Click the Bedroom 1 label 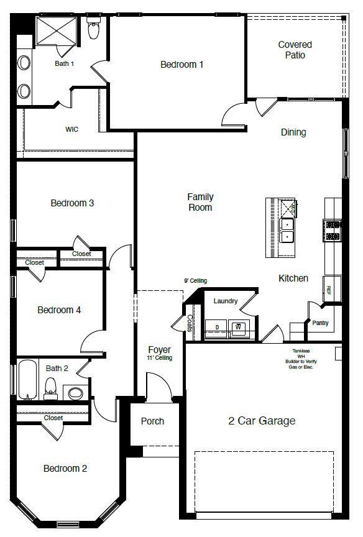(x=181, y=65)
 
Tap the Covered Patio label (x=295, y=50)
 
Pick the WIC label (x=72, y=130)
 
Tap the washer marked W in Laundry (x=237, y=327)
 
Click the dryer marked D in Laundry (x=217, y=327)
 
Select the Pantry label (x=321, y=323)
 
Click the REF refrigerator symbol (x=329, y=290)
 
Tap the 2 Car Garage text (x=262, y=421)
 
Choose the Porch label (x=152, y=421)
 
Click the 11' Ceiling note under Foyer (x=159, y=358)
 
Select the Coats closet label (x=190, y=323)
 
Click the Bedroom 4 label (x=59, y=310)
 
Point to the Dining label (x=293, y=132)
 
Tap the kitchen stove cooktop (x=332, y=231)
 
